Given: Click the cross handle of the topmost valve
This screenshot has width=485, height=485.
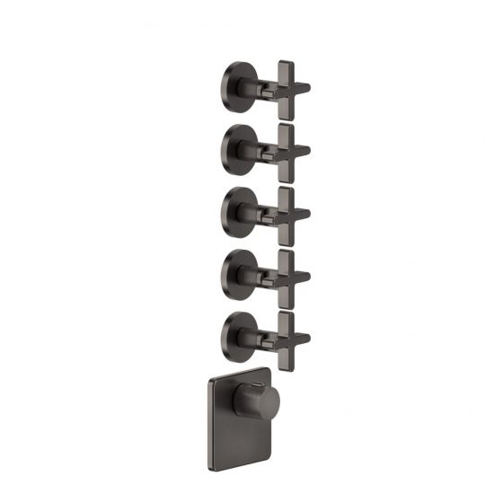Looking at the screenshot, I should pyautogui.click(x=286, y=87).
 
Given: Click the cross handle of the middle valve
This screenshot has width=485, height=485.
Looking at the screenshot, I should pyautogui.click(x=286, y=212).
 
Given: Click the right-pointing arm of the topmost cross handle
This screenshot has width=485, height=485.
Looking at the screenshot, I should pyautogui.click(x=303, y=88).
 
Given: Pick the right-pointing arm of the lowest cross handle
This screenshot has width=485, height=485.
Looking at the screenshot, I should pyautogui.click(x=303, y=339).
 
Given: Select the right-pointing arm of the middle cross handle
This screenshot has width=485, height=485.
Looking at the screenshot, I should pyautogui.click(x=303, y=213).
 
